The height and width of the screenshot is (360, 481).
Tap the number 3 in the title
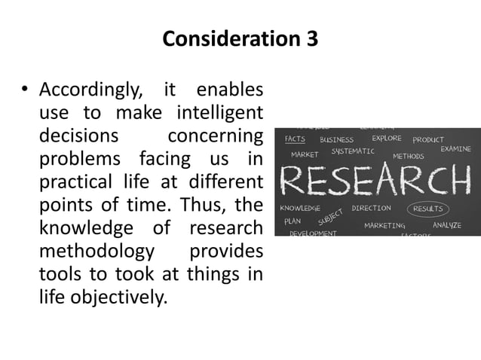tap(311, 38)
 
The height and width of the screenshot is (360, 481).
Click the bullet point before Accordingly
tap(24, 92)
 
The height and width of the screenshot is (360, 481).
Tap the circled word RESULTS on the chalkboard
tap(427, 209)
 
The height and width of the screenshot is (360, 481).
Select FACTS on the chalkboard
tap(295, 139)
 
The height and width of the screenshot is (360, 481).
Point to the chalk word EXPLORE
tap(386, 139)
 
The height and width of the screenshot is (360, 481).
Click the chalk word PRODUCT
tap(428, 140)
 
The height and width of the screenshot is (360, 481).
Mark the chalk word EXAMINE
tap(455, 149)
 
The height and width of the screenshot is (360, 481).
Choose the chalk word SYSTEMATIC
tap(353, 151)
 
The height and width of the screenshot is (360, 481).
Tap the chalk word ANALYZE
tap(447, 224)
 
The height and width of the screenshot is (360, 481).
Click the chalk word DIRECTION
tap(371, 208)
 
